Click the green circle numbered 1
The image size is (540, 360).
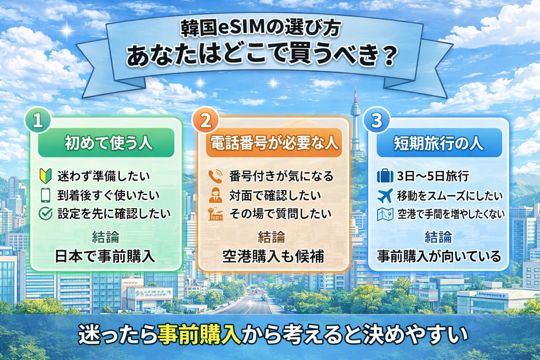click(x=38, y=121)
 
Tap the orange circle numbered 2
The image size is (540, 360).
click(x=206, y=121)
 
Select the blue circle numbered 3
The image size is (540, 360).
click(x=377, y=121)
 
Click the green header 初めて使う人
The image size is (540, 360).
click(x=106, y=143)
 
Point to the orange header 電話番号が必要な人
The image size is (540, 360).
click(x=274, y=143)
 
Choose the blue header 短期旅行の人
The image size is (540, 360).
click(x=439, y=143)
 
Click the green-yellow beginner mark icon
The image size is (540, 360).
click(x=46, y=176)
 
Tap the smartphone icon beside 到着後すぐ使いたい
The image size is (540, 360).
click(x=46, y=195)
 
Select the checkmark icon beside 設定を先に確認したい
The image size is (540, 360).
click(x=46, y=213)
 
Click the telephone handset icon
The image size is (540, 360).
click(x=215, y=176)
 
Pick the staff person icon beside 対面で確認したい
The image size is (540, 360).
click(x=215, y=195)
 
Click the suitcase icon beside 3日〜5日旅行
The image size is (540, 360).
click(x=385, y=175)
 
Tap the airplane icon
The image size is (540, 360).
click(x=385, y=195)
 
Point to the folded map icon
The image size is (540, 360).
click(x=385, y=214)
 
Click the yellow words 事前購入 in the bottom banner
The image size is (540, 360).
click(x=199, y=334)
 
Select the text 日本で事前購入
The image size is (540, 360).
click(x=105, y=256)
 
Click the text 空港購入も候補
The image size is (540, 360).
click(x=273, y=256)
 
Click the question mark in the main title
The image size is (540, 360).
click(x=389, y=56)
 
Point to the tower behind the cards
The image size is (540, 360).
click(x=355, y=116)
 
